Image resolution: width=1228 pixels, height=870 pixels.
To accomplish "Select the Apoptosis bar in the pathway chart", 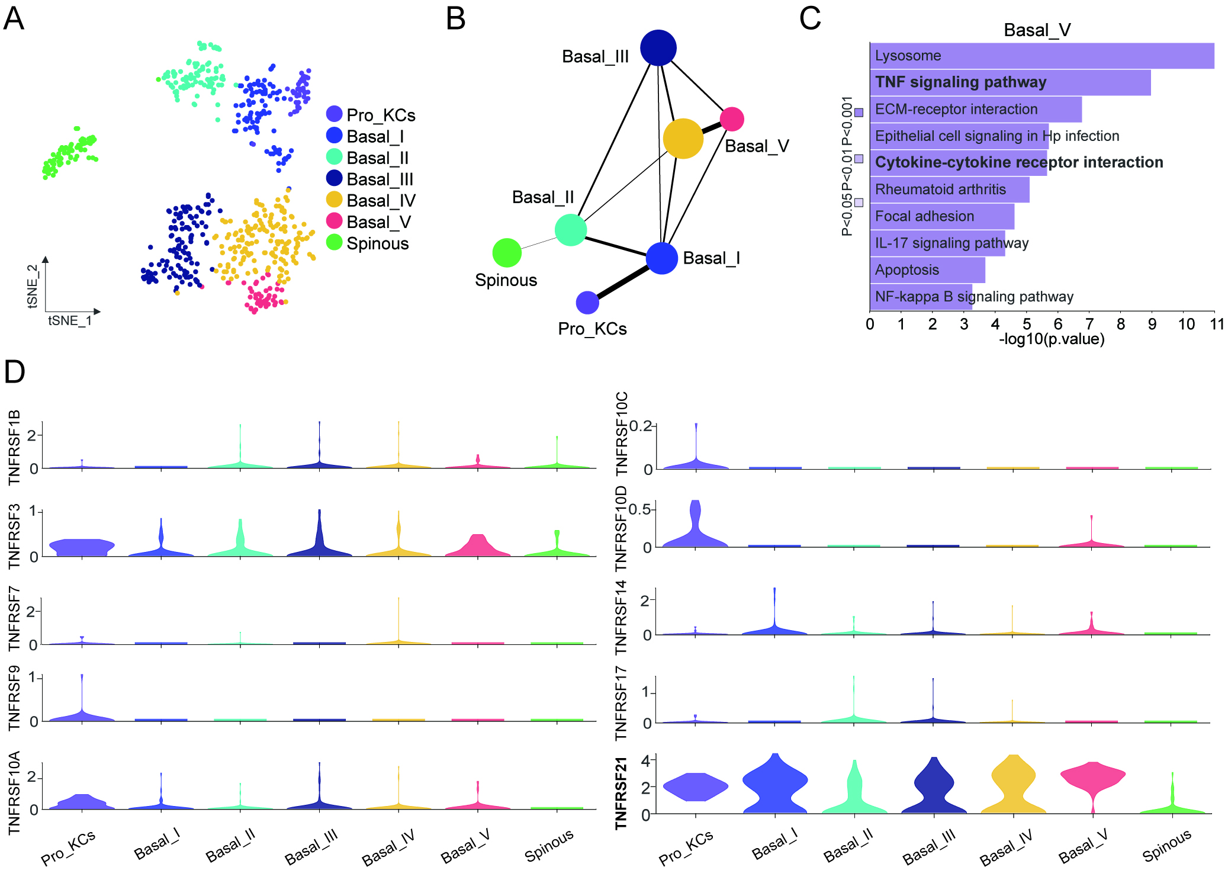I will (927, 270).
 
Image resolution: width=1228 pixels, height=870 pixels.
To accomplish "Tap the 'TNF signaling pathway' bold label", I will (960, 82).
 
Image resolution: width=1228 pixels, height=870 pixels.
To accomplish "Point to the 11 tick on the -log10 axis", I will (1216, 324).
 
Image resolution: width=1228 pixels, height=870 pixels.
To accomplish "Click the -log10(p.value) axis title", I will (1052, 339).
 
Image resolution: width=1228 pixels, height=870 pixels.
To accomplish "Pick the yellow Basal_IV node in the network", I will (683, 139).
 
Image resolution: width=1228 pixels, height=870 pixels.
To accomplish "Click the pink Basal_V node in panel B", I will (732, 119).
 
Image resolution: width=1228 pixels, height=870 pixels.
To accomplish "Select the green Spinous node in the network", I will (507, 253).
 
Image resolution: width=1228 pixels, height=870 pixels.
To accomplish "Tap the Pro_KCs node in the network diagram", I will (587, 303).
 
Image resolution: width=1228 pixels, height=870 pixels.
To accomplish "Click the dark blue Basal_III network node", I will (658, 48).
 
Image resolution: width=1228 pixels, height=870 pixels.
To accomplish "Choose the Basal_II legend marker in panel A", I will (335, 157).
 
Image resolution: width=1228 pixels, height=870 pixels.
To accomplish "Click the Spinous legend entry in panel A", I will (377, 243).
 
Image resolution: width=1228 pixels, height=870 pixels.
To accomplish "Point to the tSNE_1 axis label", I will (70, 320).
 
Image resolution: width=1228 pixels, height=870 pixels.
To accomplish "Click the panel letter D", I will (14, 372).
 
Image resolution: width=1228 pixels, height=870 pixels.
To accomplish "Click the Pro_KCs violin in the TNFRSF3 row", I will (82, 547).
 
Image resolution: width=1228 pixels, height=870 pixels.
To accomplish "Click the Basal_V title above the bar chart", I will (1037, 30).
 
